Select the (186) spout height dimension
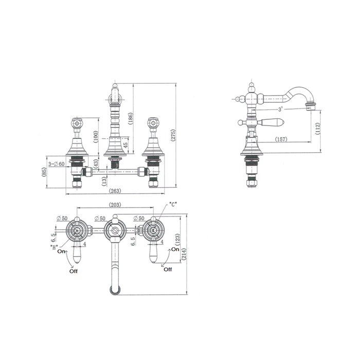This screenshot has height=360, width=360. [x=131, y=118]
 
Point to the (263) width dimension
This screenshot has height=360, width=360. [x=115, y=191]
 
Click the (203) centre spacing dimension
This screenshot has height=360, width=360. [x=115, y=205]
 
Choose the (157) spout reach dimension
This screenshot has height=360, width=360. [x=281, y=139]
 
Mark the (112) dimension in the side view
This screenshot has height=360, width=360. [x=317, y=129]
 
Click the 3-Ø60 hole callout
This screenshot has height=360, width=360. [x=56, y=164]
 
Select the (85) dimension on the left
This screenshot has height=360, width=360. [x=44, y=172]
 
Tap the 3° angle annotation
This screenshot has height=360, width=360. [x=280, y=110]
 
